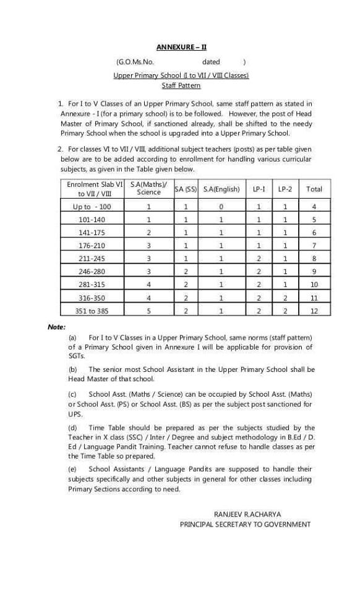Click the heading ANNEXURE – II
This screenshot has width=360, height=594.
[181, 46]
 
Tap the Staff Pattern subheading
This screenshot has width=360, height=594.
[181, 86]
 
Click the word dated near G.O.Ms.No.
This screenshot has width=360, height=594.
[211, 62]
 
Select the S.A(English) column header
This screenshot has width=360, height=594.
[221, 189]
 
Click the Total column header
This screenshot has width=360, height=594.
[314, 189]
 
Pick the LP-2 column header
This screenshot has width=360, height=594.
[285, 189]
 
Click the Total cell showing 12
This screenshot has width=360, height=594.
[314, 311]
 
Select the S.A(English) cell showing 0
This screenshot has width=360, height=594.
[221, 207]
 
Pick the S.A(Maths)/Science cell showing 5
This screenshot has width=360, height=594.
[148, 311]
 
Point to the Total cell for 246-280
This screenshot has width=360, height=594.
[314, 272]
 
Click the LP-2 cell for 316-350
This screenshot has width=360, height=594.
[285, 298]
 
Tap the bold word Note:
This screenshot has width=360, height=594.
[57, 327]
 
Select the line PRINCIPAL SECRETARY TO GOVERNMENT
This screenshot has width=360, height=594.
[245, 524]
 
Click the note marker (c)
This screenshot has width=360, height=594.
[72, 394]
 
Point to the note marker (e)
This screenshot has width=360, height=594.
[72, 470]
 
